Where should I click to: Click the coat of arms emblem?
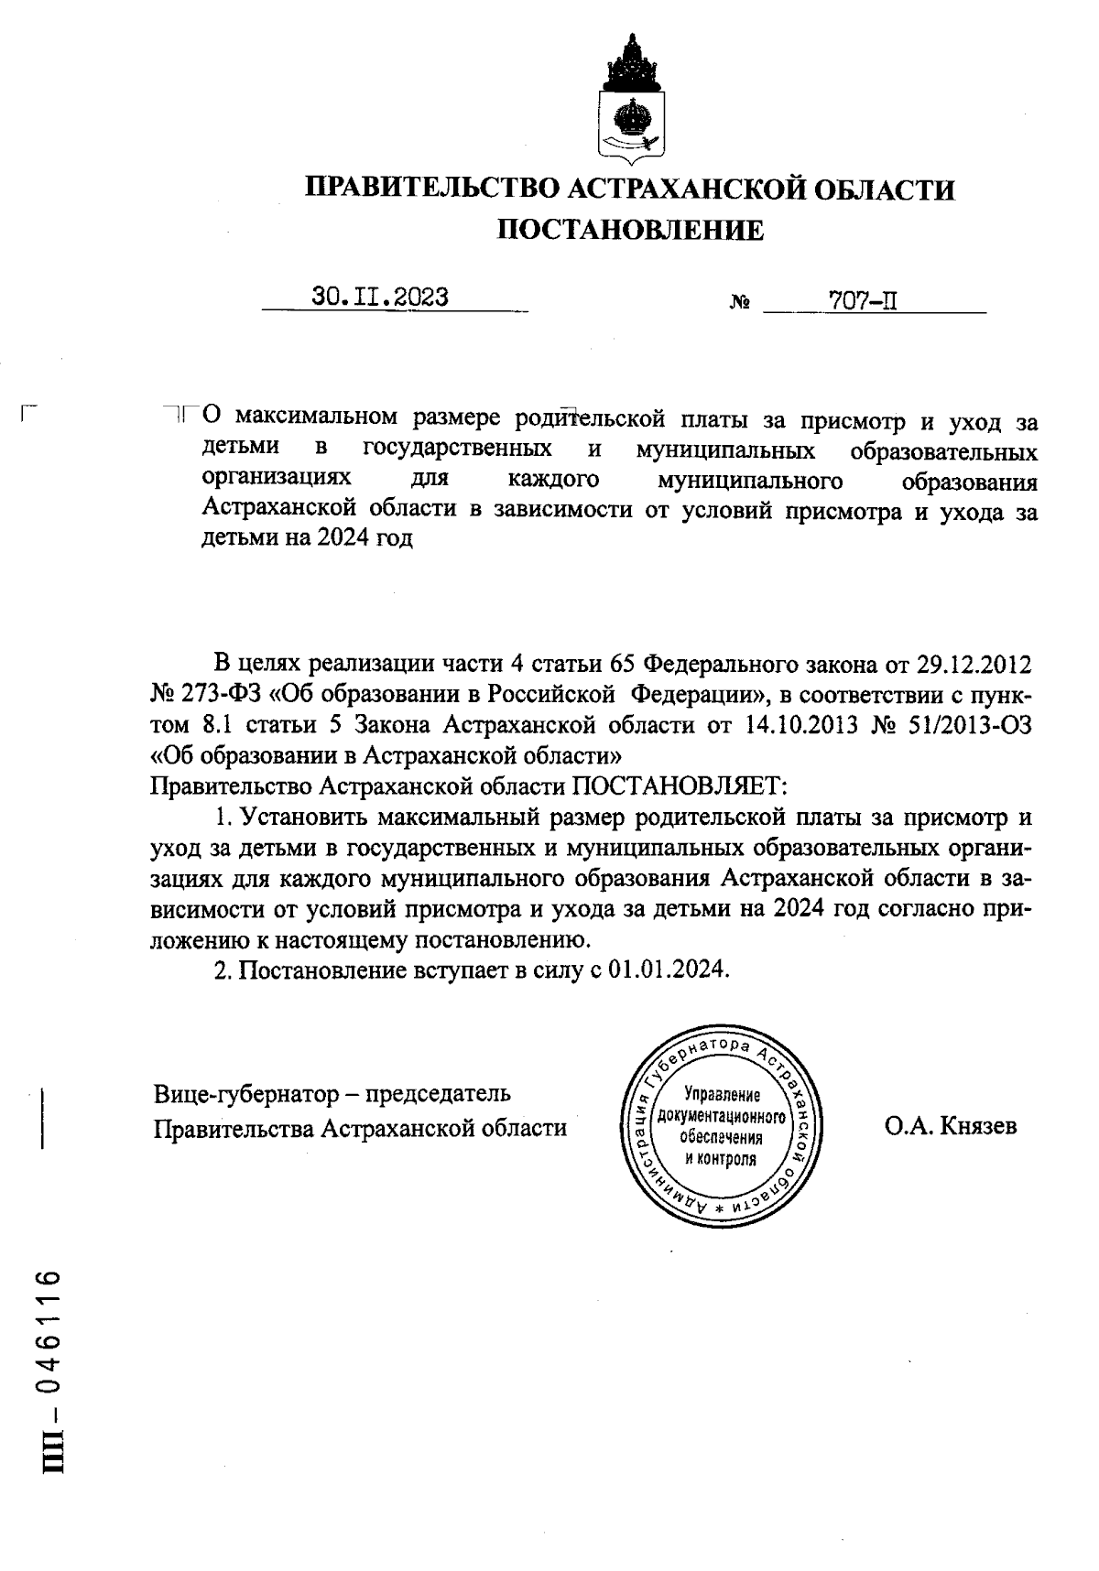tap(631, 99)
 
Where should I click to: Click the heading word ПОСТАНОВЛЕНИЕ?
tap(630, 230)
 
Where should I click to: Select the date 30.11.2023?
tap(379, 298)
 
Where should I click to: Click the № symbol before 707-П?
tap(740, 302)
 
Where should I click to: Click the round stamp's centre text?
tap(722, 1127)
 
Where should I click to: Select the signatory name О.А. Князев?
tap(951, 1126)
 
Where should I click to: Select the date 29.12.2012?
tap(974, 663)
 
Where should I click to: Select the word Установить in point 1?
tap(305, 818)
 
